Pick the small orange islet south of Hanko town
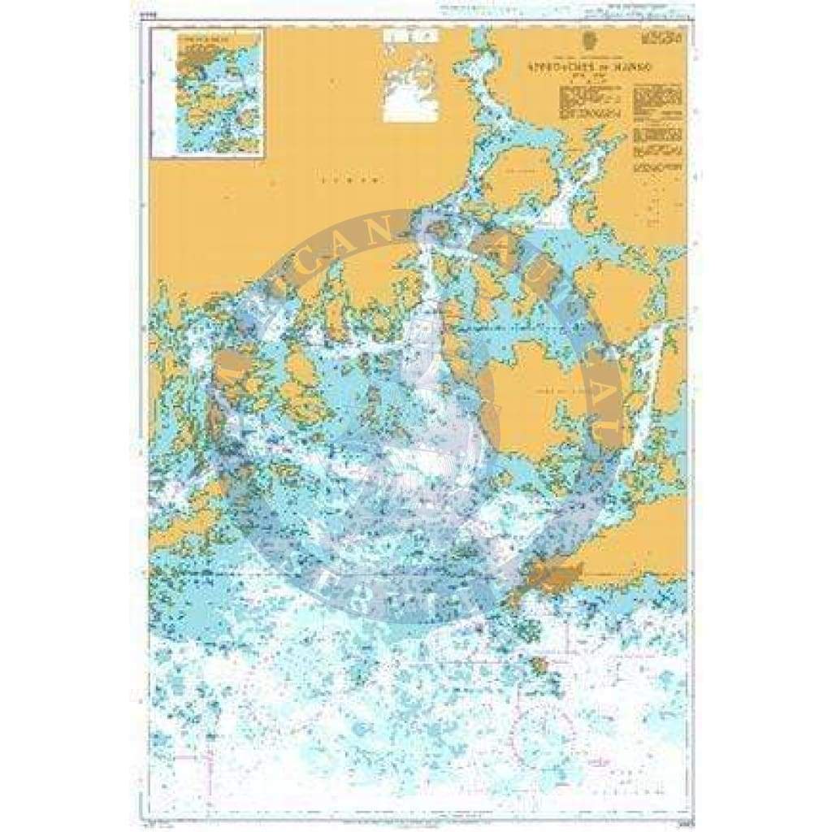tap(539, 667)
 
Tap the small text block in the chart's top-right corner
tap(661, 38)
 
